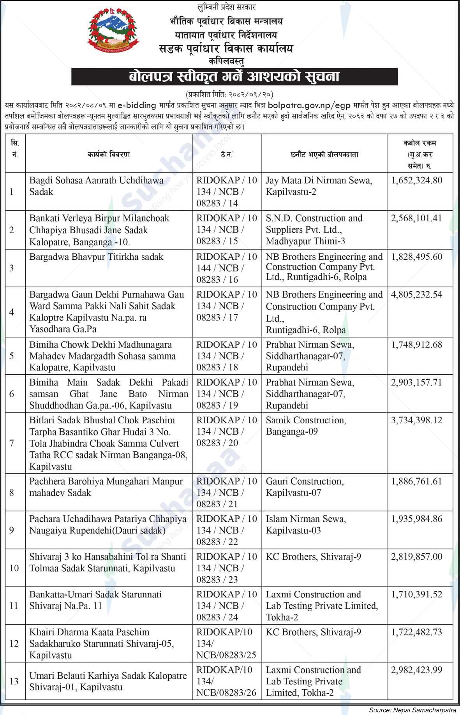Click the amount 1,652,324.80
point(416,180)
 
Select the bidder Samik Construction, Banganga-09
point(305,426)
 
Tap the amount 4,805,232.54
point(416,295)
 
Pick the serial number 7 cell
point(12,443)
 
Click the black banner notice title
point(234,77)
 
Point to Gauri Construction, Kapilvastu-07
point(305,487)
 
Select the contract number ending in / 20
point(226,431)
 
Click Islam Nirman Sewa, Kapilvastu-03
point(305,525)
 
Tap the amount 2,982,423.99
point(416,670)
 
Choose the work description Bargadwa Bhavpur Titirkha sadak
point(96,257)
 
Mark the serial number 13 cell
point(14,681)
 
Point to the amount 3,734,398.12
point(416,420)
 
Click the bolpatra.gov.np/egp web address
point(310,105)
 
